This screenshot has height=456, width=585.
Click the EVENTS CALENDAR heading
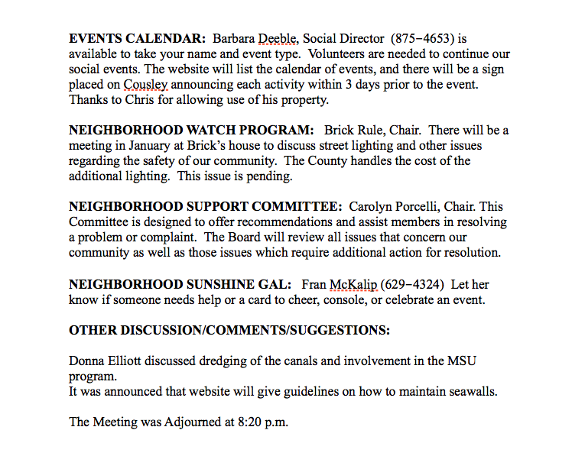coord(137,38)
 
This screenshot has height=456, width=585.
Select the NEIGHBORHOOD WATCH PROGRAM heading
coord(191,131)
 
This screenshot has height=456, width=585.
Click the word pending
coord(268,176)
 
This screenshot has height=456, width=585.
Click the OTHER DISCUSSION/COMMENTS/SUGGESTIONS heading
coord(229,331)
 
